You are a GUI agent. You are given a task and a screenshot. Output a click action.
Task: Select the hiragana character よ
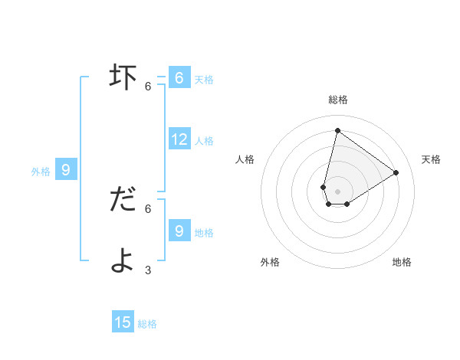coord(123,260)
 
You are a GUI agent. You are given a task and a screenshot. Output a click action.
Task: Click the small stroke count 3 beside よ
coord(148,270)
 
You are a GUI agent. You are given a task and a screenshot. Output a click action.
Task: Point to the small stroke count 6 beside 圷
coord(148,87)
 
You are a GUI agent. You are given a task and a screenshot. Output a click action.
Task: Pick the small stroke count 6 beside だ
coord(148,208)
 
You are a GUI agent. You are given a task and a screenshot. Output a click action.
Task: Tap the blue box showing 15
coord(123,322)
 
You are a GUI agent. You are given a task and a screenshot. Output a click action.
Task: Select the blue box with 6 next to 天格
coord(179,77)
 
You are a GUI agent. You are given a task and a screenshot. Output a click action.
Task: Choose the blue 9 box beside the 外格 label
coord(66,170)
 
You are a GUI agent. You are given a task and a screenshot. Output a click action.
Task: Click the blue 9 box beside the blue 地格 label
coord(179,231)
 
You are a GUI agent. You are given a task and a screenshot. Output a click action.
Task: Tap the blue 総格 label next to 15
coord(147,324)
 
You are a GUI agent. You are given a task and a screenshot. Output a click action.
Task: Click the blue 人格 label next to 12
coord(204,141)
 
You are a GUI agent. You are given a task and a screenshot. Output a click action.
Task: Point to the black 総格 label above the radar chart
coord(337,100)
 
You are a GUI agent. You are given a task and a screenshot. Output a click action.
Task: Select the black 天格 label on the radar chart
coord(431,159)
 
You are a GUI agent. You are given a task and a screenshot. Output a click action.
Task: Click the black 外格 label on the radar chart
coord(270,262)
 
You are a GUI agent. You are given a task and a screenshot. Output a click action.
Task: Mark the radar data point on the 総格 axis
coord(337,130)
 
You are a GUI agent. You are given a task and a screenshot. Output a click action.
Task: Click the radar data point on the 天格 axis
coord(396,172)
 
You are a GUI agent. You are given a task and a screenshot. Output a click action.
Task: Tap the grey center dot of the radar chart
coord(337,191)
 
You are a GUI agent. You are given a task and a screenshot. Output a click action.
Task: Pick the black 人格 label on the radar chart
coord(245,159)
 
